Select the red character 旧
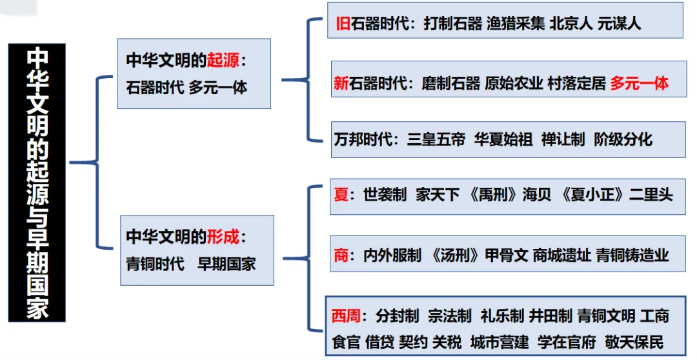[343, 24]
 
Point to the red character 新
[341, 83]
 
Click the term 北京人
[571, 24]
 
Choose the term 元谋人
[620, 24]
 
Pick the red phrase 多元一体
[640, 83]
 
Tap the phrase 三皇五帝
[436, 139]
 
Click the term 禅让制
[563, 139]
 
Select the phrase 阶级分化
[623, 139]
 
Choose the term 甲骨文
[507, 255]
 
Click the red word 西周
[348, 316]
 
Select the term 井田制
[551, 316]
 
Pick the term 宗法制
[450, 316]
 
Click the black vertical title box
[37, 183]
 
